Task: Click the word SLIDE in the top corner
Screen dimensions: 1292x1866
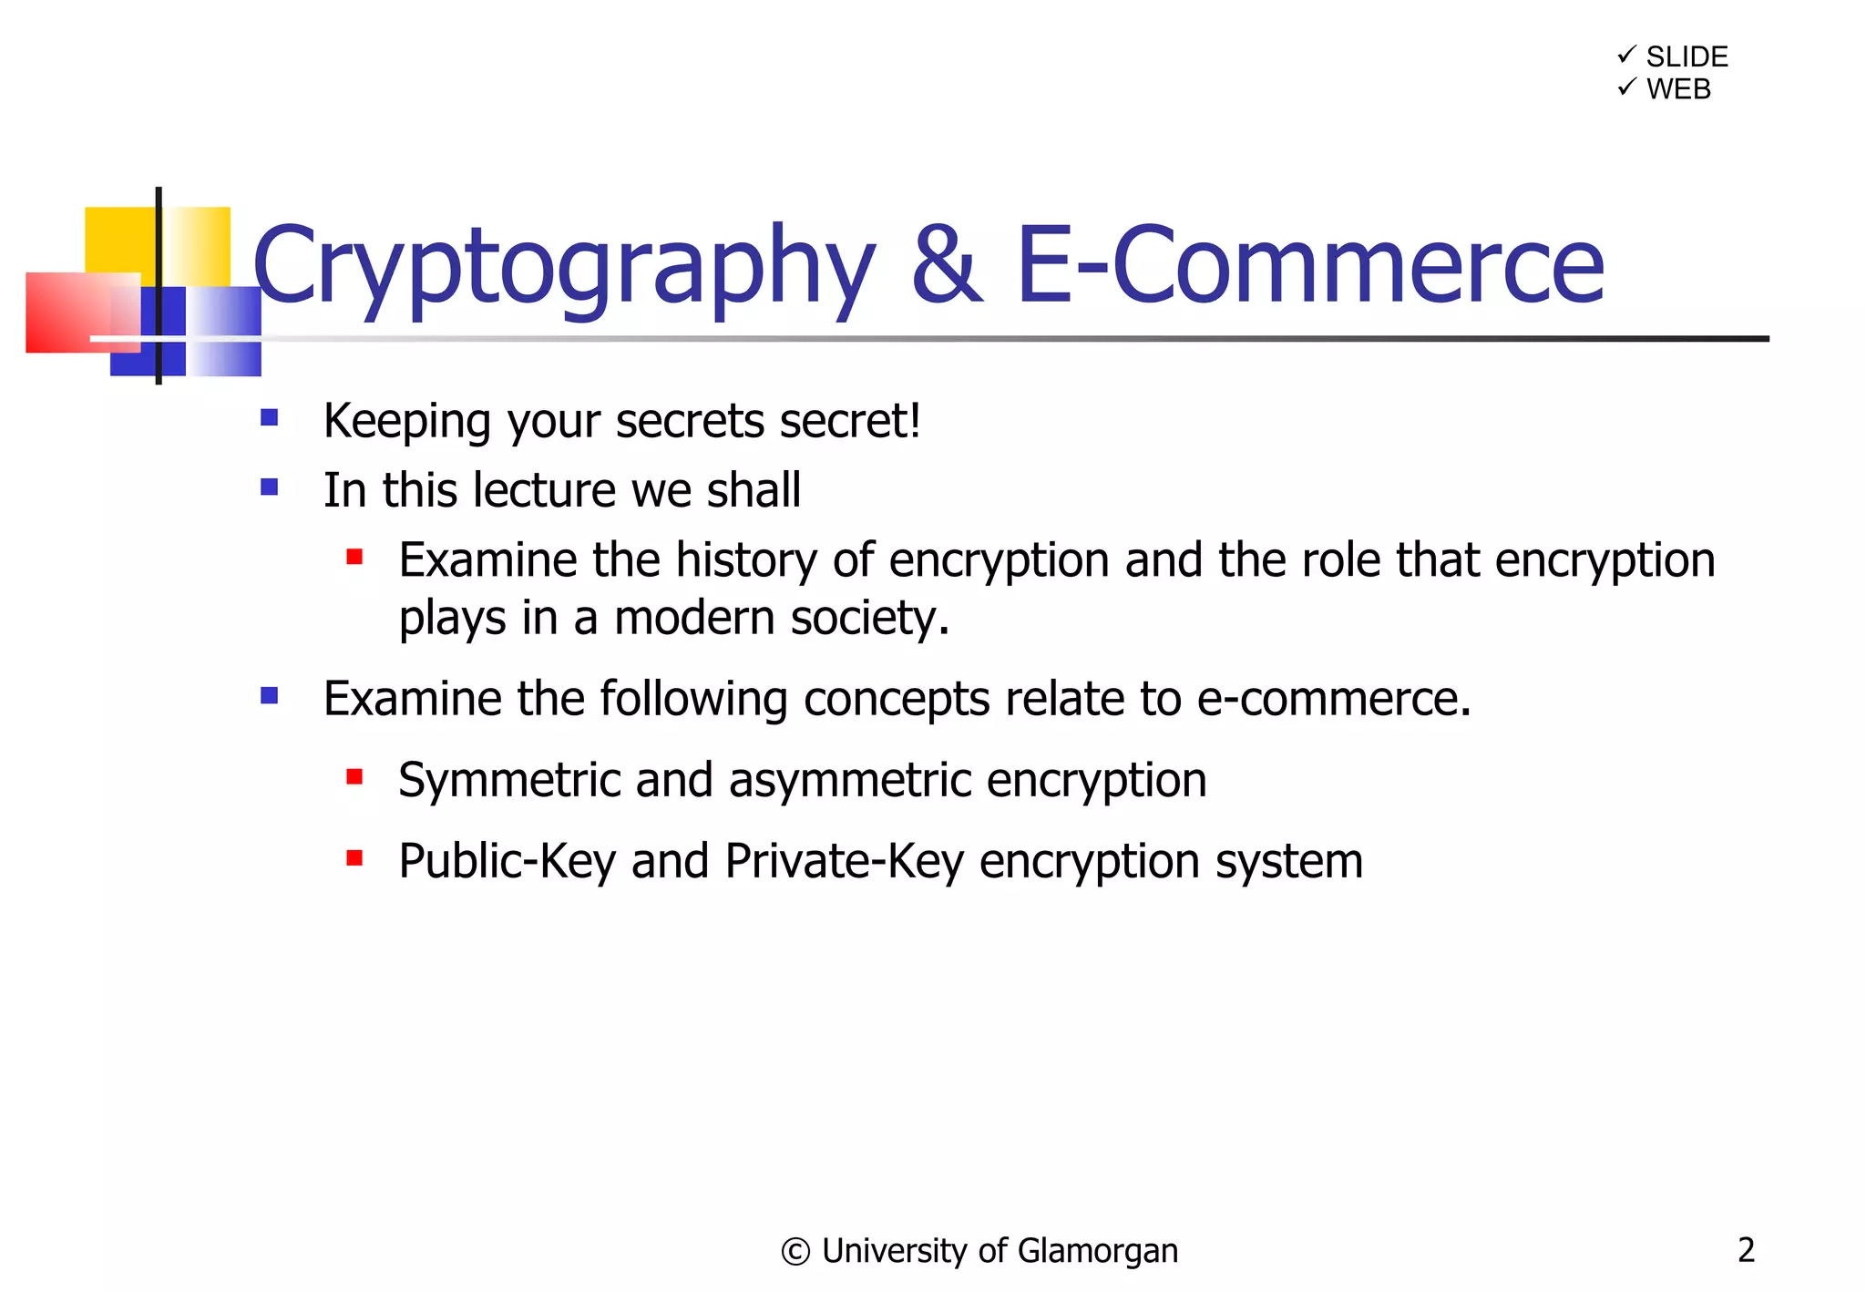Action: pos(1687,56)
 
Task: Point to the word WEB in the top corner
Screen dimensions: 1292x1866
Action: pos(1678,89)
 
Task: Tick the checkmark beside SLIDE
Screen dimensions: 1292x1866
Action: pos(1626,55)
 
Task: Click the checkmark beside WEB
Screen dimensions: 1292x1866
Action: pos(1626,87)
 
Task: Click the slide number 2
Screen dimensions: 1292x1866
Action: pos(1746,1249)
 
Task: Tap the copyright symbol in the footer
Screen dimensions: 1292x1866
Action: pos(795,1252)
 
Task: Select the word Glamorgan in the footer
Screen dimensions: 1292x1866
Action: pos(1097,1252)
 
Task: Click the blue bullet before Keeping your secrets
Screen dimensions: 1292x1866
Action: pos(269,418)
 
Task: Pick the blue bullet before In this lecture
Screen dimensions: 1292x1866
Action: pos(269,487)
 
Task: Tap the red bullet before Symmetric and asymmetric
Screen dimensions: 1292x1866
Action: pos(354,777)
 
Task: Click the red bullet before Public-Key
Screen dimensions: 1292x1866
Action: pos(354,858)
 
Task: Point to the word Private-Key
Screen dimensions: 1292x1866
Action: pos(844,861)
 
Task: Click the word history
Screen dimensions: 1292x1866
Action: pos(745,560)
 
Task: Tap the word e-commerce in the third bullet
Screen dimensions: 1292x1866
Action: pos(1333,699)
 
